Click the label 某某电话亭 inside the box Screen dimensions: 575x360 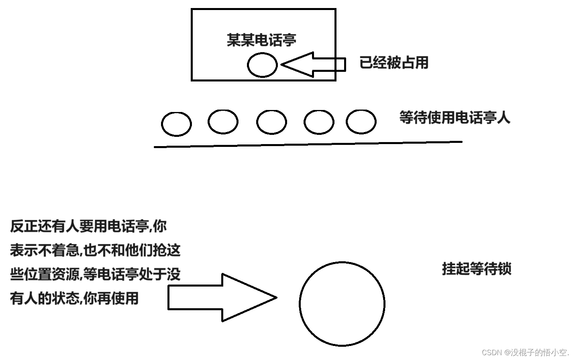pos(261,40)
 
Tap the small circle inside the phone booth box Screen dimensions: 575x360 pos(262,65)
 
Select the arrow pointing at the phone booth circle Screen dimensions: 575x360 pos(313,64)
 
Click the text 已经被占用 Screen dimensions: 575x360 pos(394,63)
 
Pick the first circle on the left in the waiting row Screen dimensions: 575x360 pos(176,124)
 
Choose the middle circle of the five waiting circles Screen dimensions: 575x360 pos(271,122)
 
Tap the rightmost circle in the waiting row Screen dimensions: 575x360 pos(361,122)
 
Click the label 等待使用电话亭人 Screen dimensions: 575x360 pos(455,118)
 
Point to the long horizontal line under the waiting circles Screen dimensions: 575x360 pos(308,144)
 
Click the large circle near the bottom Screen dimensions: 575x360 pos(342,304)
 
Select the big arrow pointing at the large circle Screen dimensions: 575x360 pos(222,297)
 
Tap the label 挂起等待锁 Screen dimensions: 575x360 pos(477,268)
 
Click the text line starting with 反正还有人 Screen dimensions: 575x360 pos(88,226)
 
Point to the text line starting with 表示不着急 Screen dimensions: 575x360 pos(95,250)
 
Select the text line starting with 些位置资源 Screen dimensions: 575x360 pos(95,275)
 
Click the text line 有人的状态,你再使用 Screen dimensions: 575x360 pos(74,299)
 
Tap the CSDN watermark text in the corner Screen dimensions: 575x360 pos(525,352)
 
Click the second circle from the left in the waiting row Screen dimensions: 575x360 pos(223,122)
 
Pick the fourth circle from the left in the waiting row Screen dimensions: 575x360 pos(319,122)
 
